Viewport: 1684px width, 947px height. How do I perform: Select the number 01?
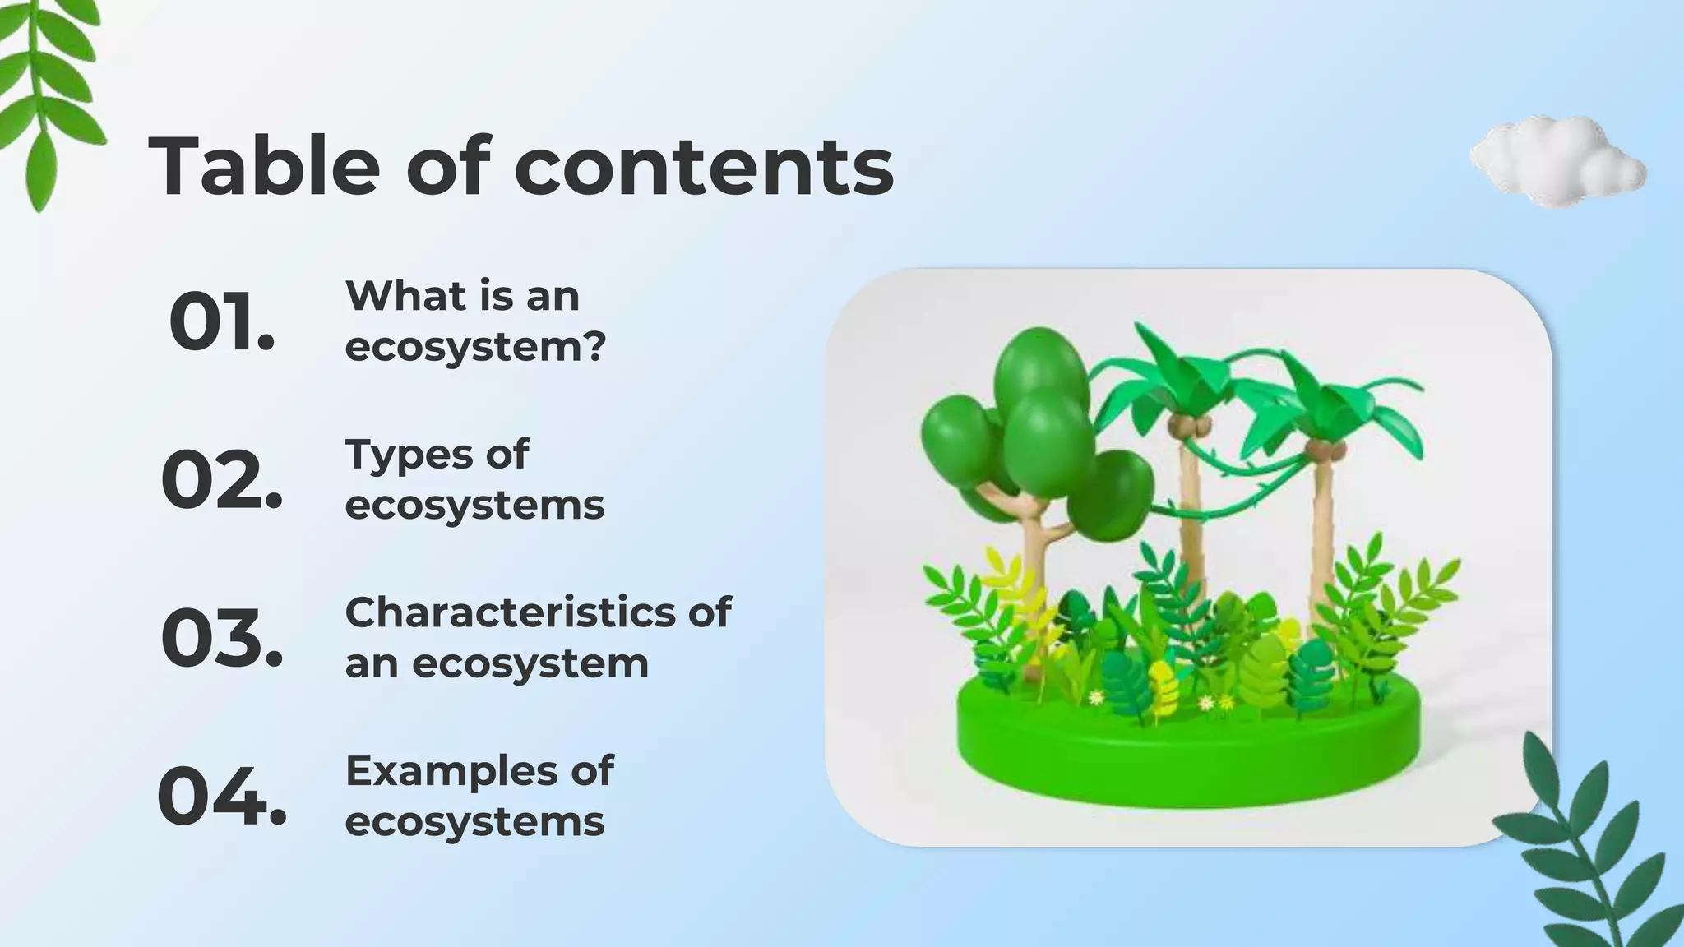[221, 322]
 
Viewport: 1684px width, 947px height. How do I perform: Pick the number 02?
[221, 481]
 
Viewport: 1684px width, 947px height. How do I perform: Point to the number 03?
[221, 639]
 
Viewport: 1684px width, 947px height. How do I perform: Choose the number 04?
[221, 797]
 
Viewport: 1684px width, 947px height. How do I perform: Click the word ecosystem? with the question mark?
[475, 346]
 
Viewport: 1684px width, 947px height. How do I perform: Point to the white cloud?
[1556, 162]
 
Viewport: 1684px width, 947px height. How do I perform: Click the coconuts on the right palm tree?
[1323, 450]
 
